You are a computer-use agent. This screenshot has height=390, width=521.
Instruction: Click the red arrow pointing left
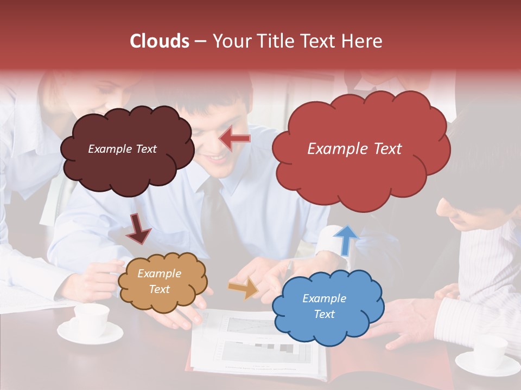[235, 139]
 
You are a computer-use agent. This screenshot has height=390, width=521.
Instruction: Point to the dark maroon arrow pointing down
[138, 229]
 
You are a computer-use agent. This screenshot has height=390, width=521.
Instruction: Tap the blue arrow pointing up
[345, 239]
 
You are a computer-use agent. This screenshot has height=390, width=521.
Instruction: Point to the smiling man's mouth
[217, 158]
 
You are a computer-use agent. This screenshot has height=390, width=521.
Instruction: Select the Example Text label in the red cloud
[354, 149]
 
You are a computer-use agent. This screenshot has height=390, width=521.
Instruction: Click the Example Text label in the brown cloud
[122, 149]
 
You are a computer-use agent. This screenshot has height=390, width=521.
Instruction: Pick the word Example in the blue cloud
[324, 298]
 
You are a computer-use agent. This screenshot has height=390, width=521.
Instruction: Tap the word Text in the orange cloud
[159, 289]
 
